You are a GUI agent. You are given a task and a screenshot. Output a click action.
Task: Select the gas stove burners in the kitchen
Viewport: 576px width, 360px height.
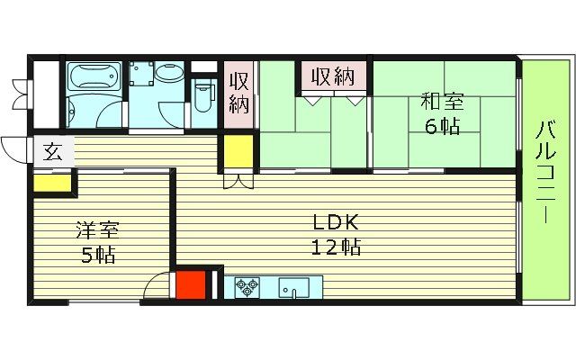click(247, 288)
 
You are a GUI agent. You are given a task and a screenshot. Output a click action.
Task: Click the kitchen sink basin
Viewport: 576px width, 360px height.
click(294, 288)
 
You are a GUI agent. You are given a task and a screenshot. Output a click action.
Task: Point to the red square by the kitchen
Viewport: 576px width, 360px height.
click(190, 285)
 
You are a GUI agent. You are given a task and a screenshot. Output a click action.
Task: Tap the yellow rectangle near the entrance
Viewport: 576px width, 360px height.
click(52, 183)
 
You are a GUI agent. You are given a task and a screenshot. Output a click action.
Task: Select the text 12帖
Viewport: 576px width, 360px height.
click(336, 246)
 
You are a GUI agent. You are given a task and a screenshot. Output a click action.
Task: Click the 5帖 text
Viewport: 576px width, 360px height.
click(97, 255)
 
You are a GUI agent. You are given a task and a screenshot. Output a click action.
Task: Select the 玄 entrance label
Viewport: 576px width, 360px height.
click(51, 150)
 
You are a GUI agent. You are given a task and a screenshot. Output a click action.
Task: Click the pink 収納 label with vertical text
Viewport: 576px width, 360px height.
click(238, 93)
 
